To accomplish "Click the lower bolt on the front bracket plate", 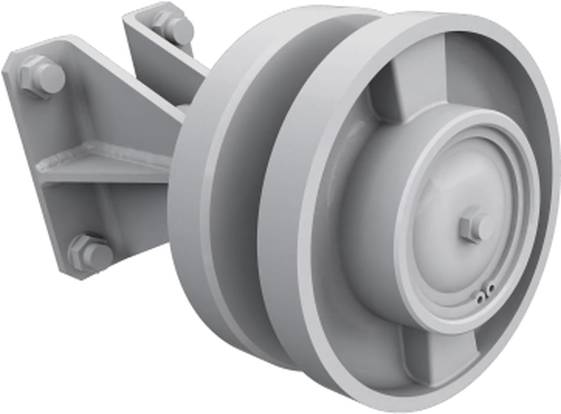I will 90,253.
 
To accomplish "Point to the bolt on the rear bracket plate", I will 172,27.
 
